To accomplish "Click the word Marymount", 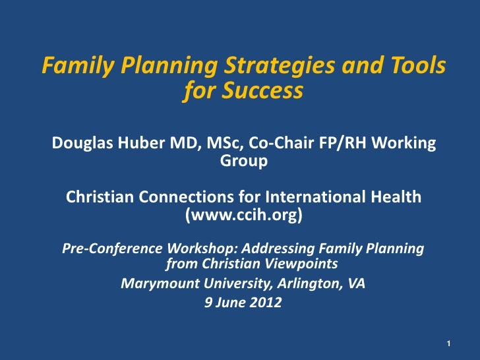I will pyautogui.click(x=153, y=284).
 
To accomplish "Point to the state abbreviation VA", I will pyautogui.click(x=355, y=284).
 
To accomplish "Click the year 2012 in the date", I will pyautogui.click(x=266, y=303).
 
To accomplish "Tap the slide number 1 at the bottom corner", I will pyautogui.click(x=448, y=344).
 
